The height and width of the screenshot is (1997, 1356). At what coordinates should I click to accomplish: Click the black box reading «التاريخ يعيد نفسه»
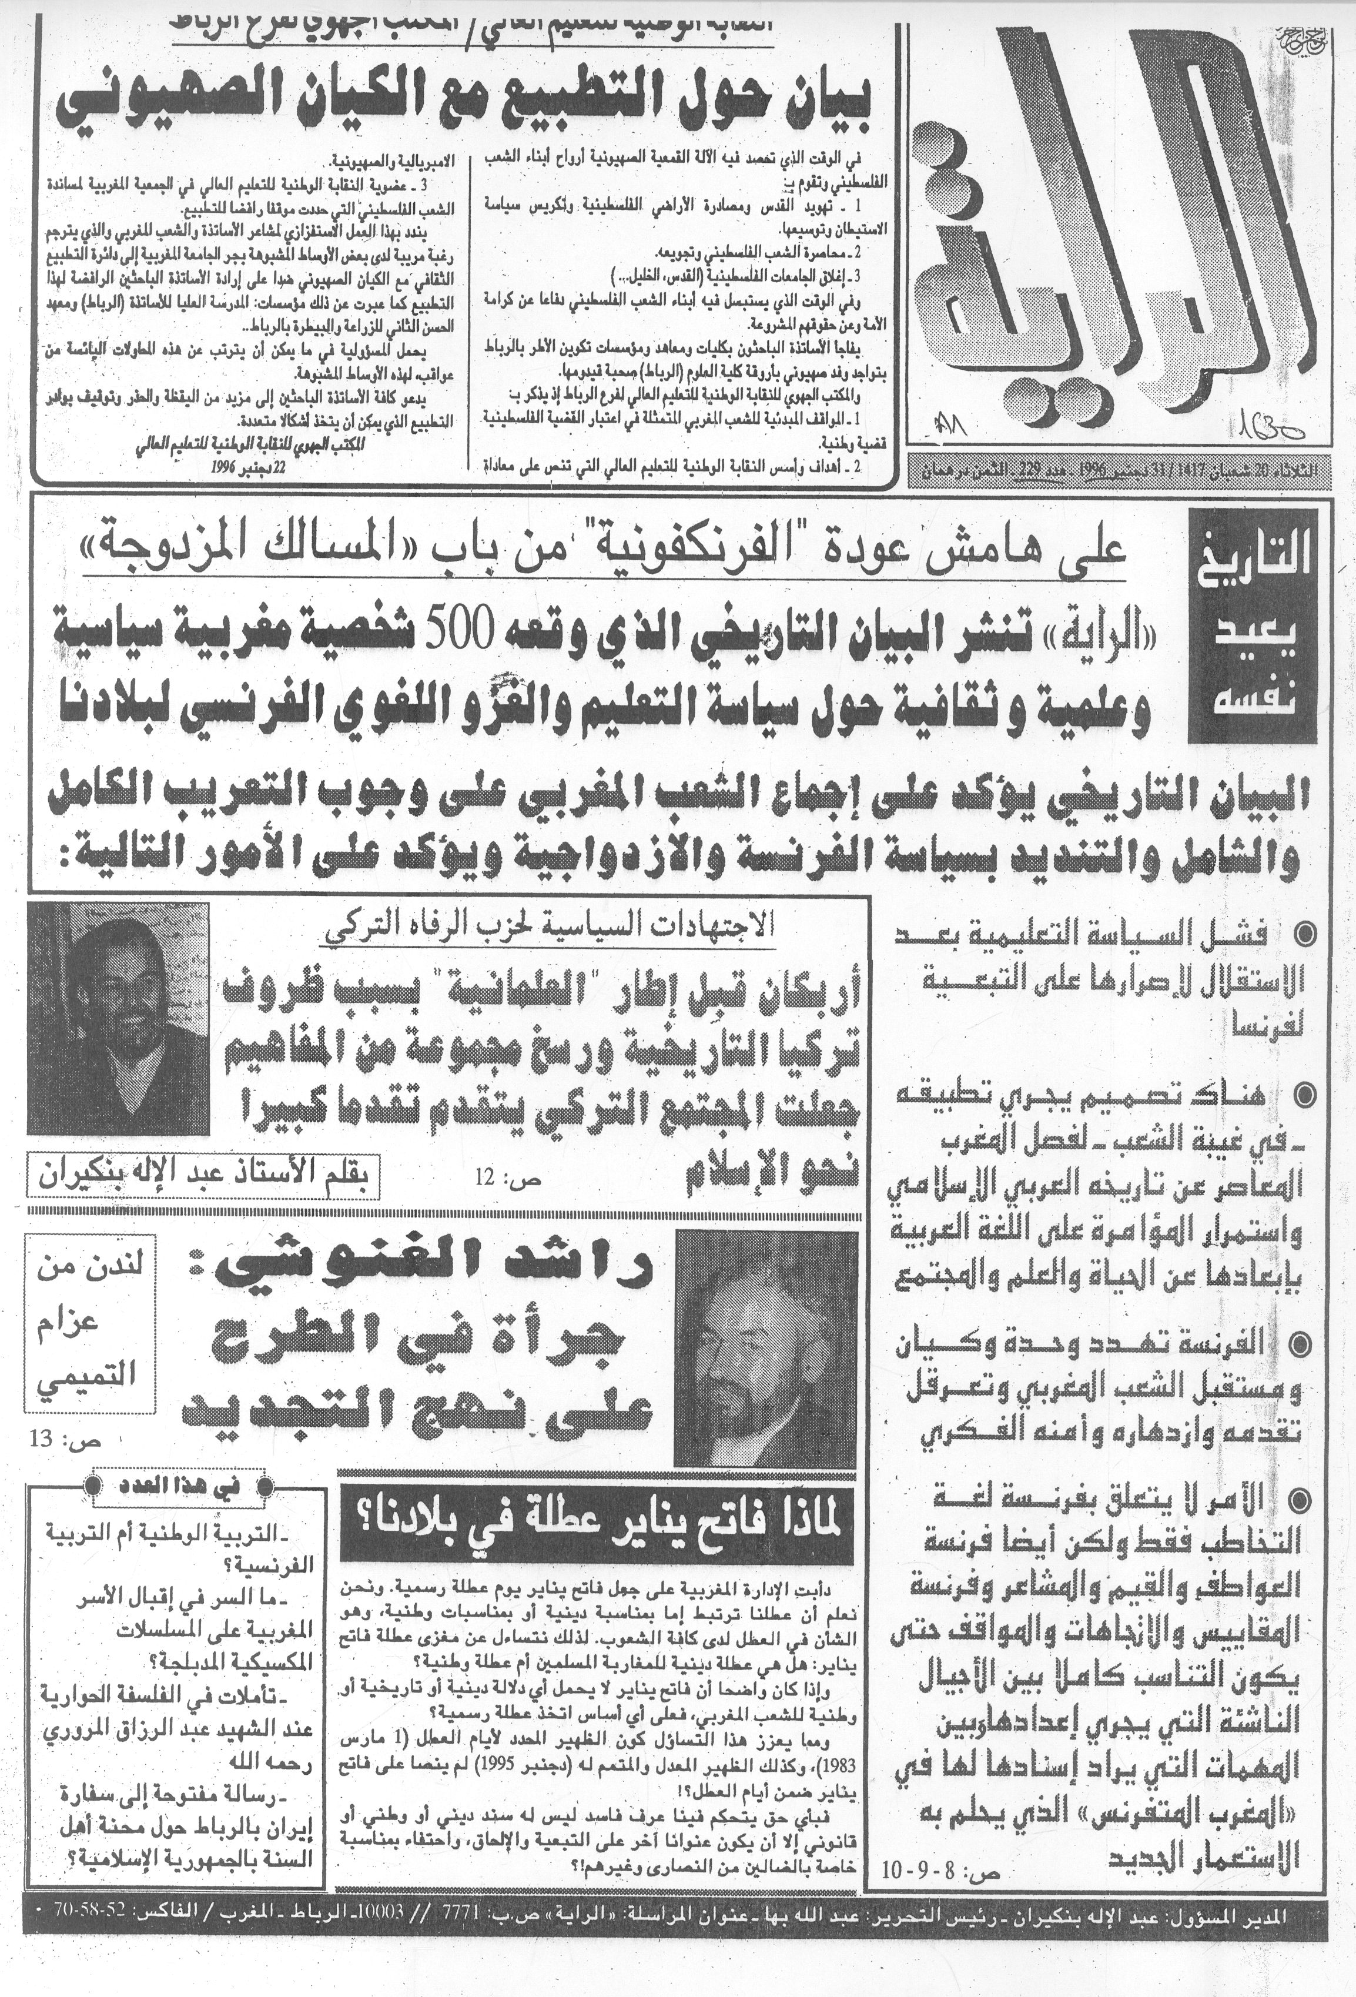tap(1253, 625)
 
